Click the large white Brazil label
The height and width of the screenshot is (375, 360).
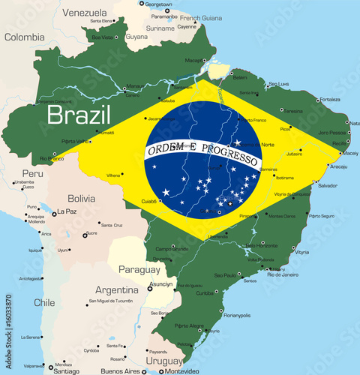pos(79,115)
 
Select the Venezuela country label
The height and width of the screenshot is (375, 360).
pos(85,13)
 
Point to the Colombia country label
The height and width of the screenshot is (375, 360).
pos(25,37)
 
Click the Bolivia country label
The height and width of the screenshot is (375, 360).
pos(81,199)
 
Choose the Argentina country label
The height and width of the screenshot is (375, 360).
pos(116,289)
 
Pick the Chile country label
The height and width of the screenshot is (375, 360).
pos(43,302)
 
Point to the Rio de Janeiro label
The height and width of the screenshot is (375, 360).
pos(280,274)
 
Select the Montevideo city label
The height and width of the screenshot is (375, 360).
pos(183,370)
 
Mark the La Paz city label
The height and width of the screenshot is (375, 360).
pos(67,212)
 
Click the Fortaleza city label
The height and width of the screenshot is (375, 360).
pos(329,100)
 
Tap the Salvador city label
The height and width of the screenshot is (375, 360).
pos(327,184)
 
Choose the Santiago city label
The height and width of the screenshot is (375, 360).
pos(67,370)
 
